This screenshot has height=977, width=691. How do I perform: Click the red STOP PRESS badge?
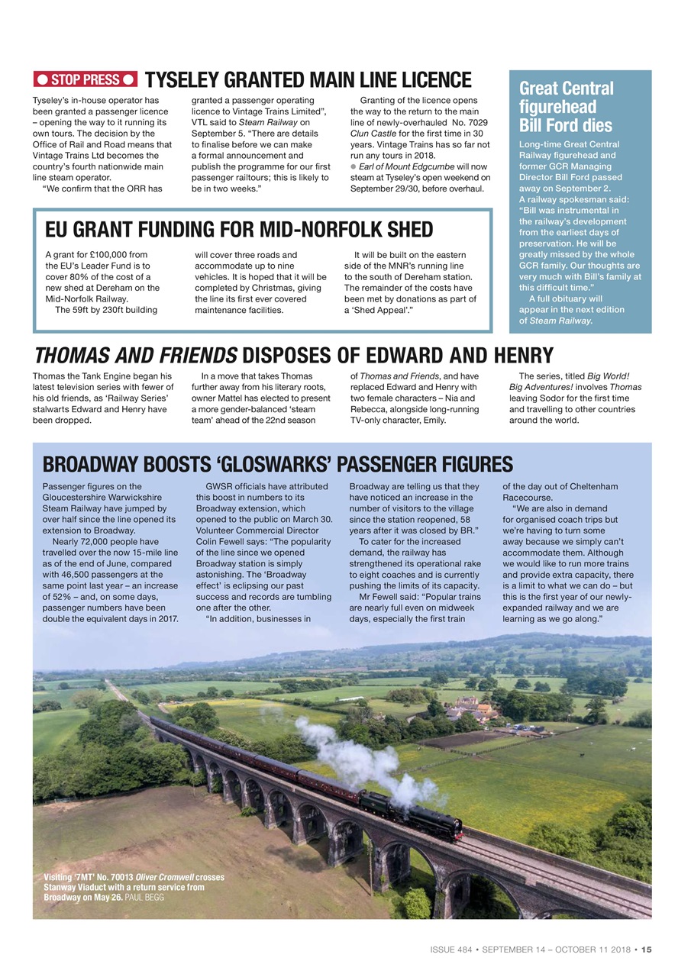pos(85,79)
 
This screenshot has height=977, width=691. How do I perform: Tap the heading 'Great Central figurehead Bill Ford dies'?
pos(566,107)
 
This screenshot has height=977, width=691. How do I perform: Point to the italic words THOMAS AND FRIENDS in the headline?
pos(134,355)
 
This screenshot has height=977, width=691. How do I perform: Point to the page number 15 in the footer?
pos(646,950)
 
